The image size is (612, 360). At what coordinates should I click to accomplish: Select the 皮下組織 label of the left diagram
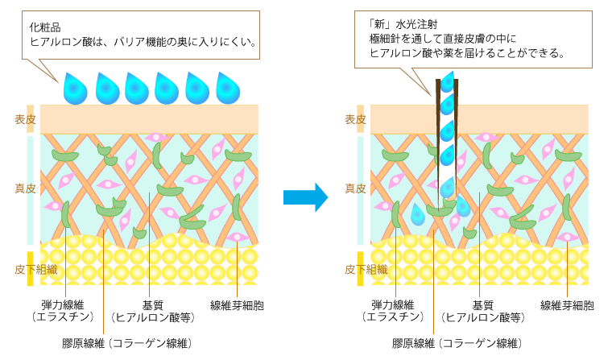[35, 269]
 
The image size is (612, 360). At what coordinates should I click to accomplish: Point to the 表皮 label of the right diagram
[355, 119]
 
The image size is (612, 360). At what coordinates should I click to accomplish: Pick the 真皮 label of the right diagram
[355, 188]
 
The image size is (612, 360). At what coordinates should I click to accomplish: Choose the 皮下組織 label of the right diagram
[366, 269]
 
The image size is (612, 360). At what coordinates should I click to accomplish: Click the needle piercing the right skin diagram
[447, 137]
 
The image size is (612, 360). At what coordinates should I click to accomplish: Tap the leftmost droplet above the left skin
[75, 89]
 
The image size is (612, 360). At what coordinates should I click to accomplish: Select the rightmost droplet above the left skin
[228, 89]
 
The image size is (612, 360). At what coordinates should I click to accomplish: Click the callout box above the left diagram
[141, 35]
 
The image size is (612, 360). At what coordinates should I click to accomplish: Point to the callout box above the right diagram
[473, 39]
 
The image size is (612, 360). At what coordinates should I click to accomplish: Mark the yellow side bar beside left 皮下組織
[31, 269]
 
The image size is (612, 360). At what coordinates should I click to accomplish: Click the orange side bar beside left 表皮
[31, 118]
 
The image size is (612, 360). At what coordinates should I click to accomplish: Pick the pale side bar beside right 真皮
[361, 190]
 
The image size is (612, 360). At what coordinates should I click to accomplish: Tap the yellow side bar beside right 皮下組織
[361, 269]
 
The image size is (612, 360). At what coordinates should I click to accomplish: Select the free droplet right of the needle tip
[463, 207]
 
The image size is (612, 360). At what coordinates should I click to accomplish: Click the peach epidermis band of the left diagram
[149, 119]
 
